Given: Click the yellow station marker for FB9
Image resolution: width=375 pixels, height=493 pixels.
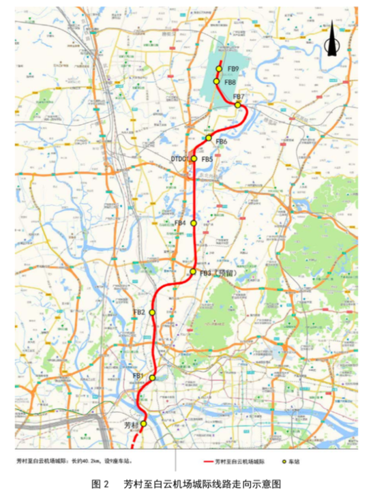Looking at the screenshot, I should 219,68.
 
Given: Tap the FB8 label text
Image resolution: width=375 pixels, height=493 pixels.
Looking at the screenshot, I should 230,82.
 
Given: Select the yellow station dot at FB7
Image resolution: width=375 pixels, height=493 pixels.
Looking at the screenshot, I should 237,105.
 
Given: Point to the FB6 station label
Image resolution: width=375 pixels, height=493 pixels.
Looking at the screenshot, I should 220,142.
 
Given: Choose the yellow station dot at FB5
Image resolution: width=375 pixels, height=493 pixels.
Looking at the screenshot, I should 194,159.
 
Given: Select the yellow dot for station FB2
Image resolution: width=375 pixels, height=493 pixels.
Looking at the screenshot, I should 152,312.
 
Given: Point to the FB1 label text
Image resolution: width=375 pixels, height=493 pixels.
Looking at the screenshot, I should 138,376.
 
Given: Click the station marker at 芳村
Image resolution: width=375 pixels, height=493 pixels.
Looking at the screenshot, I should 143,423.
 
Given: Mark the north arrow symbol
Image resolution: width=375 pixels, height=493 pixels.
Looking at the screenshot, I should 331,39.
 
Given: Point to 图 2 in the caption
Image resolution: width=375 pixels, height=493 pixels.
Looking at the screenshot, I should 100,483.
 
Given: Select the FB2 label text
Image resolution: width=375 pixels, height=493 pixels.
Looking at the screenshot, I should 138,312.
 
